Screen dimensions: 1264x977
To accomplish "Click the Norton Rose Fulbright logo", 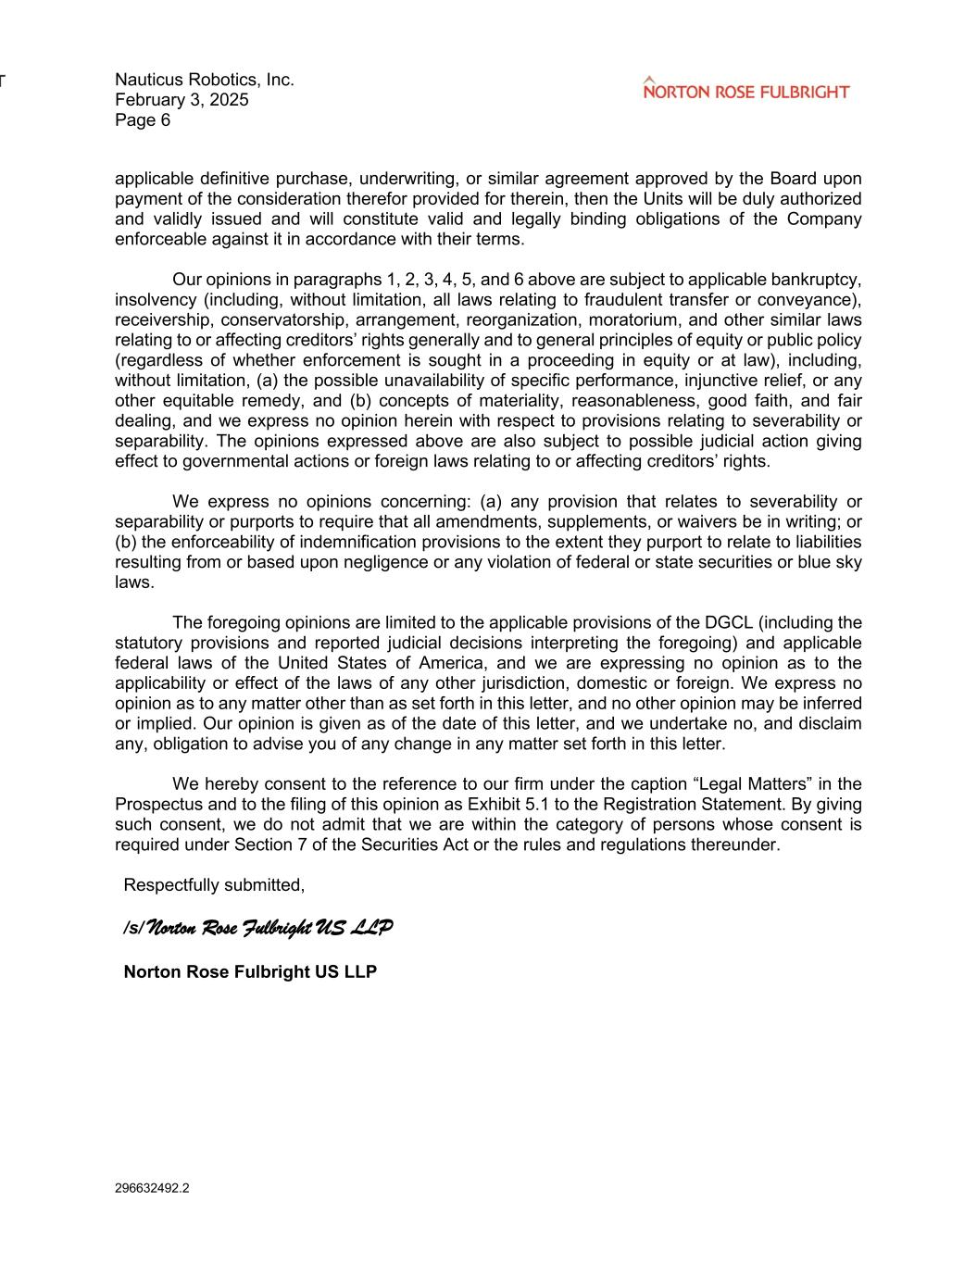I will pyautogui.click(x=745, y=90).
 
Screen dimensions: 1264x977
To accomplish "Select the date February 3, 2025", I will pyautogui.click(x=182, y=100).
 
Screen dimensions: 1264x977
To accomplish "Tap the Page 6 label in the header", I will pyautogui.click(x=143, y=120).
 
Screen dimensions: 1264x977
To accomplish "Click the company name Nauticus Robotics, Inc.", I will pyautogui.click(x=205, y=80).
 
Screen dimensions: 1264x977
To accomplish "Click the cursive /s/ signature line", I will pyautogui.click(x=257, y=927).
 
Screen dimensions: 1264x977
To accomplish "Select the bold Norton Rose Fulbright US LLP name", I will pyautogui.click(x=250, y=971).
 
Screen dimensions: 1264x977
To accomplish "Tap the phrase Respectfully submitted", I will pyautogui.click(x=214, y=885).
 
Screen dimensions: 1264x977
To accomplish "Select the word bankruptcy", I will pyautogui.click(x=816, y=280).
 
